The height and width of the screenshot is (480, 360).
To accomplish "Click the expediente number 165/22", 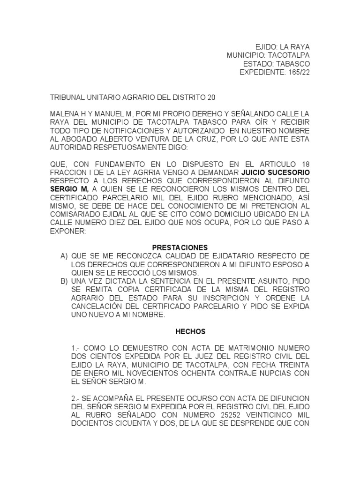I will (298, 72).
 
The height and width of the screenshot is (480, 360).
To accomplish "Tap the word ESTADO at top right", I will (258, 64).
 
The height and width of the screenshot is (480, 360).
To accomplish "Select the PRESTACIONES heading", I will (180, 247).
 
